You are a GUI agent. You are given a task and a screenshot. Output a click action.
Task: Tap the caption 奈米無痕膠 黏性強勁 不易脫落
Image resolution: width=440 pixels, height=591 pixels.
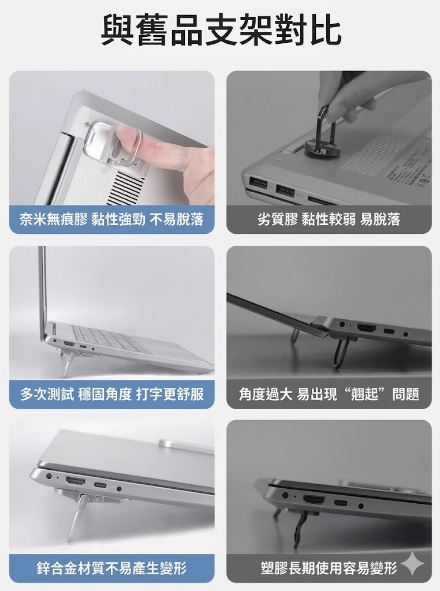[111, 219]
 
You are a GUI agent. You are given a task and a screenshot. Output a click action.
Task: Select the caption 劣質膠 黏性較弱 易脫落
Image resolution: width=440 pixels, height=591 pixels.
[329, 219]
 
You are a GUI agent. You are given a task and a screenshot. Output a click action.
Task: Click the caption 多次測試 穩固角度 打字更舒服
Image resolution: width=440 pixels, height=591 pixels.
[111, 394]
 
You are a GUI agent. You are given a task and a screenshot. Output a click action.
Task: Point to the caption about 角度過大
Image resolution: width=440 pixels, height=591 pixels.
[329, 394]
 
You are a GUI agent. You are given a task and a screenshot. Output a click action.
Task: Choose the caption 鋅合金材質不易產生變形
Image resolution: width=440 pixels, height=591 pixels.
[111, 568]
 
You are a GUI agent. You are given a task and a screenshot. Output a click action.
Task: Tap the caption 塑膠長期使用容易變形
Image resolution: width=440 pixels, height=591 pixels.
[329, 568]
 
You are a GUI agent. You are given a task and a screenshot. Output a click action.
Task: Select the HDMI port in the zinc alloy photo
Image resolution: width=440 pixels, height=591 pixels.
[76, 481]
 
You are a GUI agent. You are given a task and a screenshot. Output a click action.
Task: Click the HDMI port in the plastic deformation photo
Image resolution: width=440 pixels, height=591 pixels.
[315, 500]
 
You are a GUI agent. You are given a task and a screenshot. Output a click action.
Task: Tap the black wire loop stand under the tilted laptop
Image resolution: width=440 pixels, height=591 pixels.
[340, 353]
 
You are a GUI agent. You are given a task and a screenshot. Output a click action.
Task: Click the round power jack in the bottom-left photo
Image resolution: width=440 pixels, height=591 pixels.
[48, 476]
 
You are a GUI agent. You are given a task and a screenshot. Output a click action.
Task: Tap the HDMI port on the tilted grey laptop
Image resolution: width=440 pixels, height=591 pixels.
[367, 328]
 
